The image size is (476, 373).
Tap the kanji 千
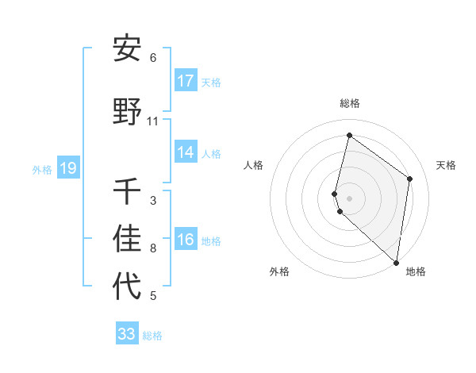coord(127,191)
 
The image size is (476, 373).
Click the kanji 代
coord(127,286)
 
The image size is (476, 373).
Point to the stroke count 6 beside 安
coord(153,58)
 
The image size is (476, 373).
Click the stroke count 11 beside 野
coord(153,121)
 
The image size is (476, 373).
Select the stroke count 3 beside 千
coord(153,201)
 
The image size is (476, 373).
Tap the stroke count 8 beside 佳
coord(153,248)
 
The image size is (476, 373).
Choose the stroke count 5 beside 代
coord(153,296)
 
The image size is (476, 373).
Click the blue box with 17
coord(186,81)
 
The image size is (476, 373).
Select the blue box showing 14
coord(186,153)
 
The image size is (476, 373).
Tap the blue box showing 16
coord(186,240)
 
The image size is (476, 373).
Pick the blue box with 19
coord(68,168)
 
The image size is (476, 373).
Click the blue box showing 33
coord(127,334)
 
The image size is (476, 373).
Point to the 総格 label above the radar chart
coord(350,103)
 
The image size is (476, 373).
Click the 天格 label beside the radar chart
coord(447,165)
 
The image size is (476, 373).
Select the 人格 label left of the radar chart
coord(254,165)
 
